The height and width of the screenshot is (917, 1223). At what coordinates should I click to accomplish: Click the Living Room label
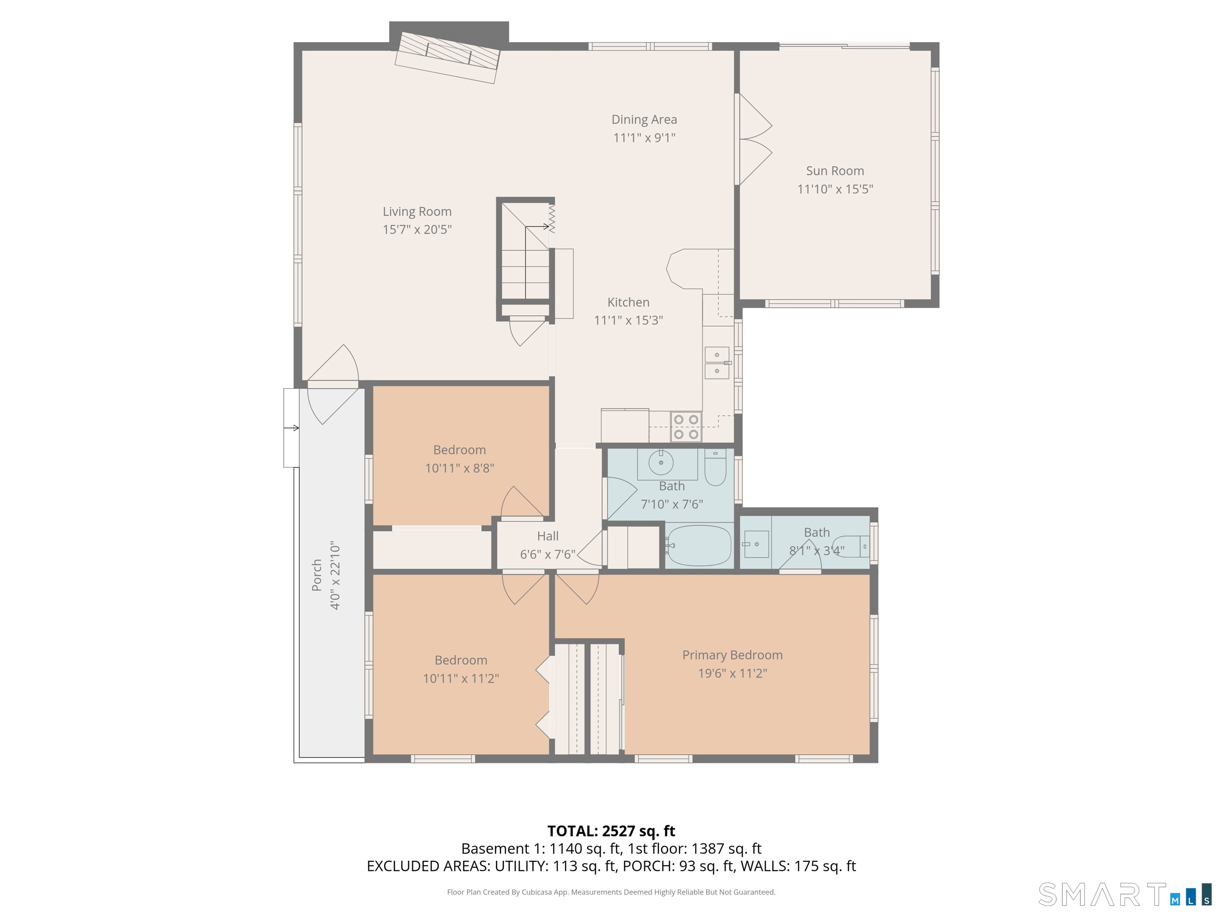417,212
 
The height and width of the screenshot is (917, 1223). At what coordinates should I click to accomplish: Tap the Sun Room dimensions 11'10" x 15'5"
835,189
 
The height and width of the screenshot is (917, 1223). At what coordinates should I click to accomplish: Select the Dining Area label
644,119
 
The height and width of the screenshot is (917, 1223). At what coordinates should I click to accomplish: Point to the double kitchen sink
717,362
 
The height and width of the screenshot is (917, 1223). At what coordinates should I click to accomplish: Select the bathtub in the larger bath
699,546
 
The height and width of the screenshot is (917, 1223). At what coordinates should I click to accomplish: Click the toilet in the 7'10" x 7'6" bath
715,468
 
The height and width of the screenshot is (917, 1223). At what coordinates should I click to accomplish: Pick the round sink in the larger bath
661,462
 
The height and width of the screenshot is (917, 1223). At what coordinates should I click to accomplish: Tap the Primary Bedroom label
732,655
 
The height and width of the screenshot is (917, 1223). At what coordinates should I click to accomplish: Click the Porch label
317,575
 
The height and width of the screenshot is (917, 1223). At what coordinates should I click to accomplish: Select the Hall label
547,536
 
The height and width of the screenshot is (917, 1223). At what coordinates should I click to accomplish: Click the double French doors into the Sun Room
753,139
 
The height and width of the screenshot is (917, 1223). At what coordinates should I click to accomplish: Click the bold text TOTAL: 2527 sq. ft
611,831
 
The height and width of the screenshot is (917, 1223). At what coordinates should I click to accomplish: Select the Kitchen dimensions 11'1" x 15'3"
628,320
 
